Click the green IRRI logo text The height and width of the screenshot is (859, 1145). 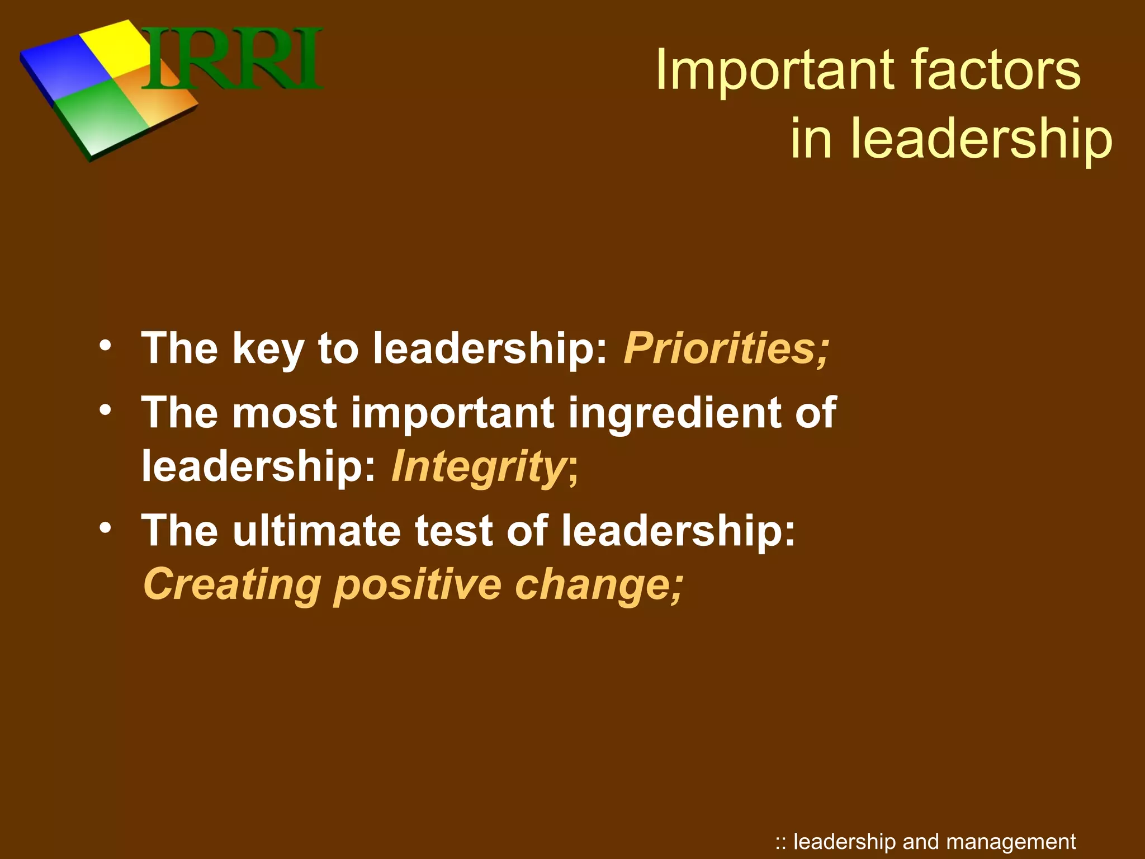tap(232, 59)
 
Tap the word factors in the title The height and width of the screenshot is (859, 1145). tap(996, 70)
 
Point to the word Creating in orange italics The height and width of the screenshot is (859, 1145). tap(231, 584)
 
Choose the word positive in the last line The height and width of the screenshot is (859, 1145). tap(418, 584)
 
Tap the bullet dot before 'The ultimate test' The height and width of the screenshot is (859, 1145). tap(105, 527)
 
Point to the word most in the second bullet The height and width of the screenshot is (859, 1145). tap(285, 413)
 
